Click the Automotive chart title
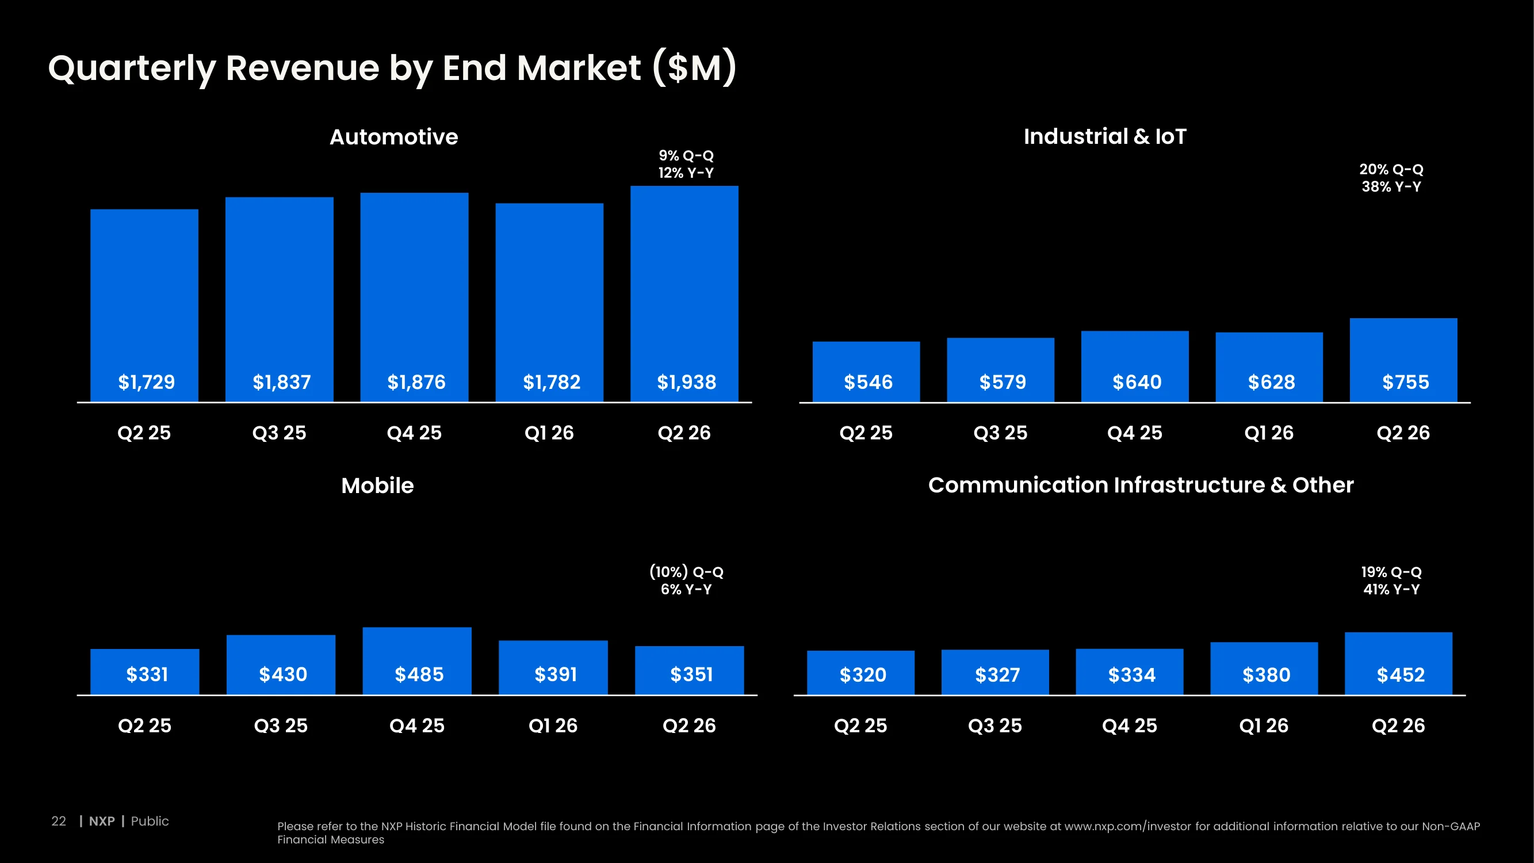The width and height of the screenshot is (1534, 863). (393, 137)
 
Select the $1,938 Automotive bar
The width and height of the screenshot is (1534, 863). (684, 293)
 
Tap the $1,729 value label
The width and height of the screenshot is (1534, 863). (147, 382)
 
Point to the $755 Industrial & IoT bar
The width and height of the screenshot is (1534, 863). (1403, 360)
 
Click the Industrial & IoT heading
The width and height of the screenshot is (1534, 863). (1105, 136)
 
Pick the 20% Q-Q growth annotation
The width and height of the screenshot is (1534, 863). (1391, 169)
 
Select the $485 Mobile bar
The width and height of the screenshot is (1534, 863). (417, 660)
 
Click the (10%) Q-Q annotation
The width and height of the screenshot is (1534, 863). (686, 572)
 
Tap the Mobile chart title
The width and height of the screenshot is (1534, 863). (377, 486)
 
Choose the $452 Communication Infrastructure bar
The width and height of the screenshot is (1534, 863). (1398, 663)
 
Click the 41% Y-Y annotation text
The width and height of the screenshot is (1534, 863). (1391, 589)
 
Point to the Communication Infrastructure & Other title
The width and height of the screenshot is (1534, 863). (1141, 485)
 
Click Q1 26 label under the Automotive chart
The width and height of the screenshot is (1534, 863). (549, 433)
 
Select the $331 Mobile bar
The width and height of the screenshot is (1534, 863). (145, 671)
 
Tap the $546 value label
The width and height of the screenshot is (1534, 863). (869, 382)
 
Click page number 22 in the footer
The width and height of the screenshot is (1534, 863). (58, 821)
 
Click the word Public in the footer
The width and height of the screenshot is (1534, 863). (150, 821)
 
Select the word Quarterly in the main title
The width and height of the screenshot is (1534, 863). (132, 68)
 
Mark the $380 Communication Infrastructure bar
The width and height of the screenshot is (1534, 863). (1264, 668)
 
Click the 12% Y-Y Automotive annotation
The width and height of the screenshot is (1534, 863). (686, 173)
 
